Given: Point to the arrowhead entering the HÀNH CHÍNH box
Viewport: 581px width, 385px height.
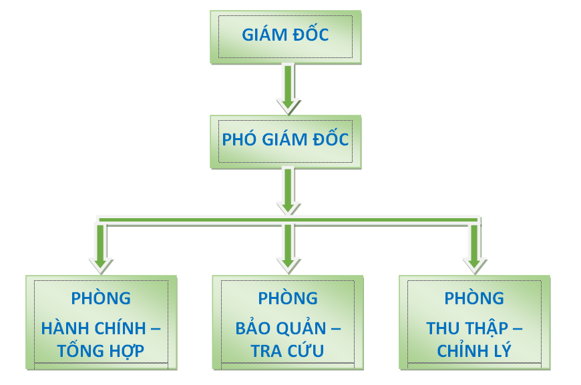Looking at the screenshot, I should pos(100,264).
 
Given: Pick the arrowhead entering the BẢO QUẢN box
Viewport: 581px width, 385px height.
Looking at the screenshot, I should pos(287,264).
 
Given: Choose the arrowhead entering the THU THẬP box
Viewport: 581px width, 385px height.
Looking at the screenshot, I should pos(474,264).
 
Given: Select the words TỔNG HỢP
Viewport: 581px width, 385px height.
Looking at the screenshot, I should pos(102,350).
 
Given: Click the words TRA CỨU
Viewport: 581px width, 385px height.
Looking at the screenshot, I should pos(288,350).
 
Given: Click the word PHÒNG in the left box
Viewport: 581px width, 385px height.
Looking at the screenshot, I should pos(101,298).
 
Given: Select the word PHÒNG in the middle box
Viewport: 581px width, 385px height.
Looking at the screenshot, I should pos(288,298).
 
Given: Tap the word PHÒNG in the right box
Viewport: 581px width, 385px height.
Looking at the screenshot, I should pos(475,298).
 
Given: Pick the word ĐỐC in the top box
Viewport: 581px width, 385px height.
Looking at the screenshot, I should pos(311,35).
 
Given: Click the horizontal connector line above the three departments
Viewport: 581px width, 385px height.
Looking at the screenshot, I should pos(194,219).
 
